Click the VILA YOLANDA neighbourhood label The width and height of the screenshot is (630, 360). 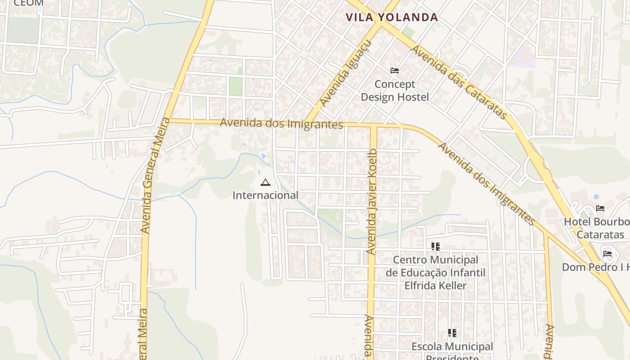coord(391,18)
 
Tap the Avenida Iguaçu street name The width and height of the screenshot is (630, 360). coord(346,74)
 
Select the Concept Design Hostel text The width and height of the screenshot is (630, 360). coord(395,90)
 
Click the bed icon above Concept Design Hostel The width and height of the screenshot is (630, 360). coord(395,71)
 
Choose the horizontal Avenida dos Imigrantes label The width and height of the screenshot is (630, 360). coord(281,123)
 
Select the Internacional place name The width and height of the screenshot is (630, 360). coord(265,195)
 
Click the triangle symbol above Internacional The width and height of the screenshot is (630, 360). coord(265,182)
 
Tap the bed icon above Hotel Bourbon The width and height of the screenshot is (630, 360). coord(600,208)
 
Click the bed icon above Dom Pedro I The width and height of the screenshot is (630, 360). coord(607,253)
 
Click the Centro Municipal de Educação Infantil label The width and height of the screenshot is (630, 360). coord(435,273)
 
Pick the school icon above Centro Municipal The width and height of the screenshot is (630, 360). coord(435,246)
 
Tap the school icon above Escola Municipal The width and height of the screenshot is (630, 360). coord(452,333)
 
